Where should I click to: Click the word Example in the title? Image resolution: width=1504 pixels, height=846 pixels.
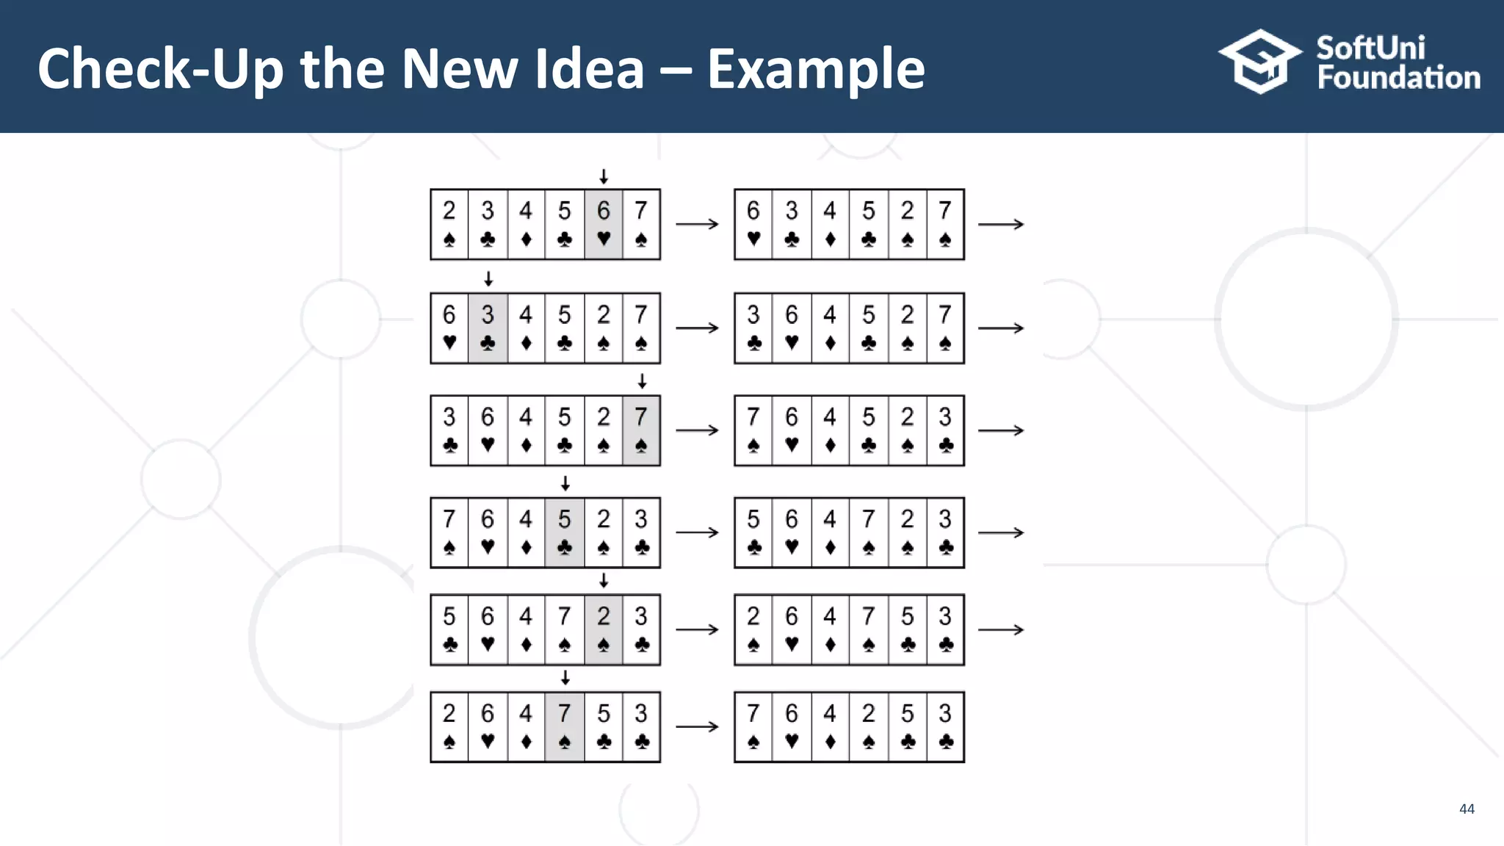point(815,70)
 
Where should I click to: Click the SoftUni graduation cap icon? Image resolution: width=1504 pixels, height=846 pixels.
point(1259,62)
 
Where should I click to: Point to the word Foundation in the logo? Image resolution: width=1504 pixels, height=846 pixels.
point(1398,78)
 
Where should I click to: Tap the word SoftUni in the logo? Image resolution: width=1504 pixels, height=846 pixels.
point(1370,48)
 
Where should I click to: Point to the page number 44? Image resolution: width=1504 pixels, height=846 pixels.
point(1467,809)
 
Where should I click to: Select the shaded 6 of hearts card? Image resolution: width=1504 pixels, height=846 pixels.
point(604,224)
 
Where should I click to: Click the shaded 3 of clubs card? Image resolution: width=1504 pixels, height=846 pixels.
point(488,328)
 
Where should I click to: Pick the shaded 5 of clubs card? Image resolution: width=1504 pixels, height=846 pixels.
point(565,532)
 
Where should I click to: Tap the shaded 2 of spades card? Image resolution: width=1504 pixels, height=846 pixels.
point(604,629)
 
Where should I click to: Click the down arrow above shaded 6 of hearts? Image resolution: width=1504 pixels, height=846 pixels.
point(604,176)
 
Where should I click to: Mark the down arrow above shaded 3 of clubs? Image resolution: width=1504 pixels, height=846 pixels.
point(488,279)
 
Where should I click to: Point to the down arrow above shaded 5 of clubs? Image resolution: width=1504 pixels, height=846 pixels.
point(565,483)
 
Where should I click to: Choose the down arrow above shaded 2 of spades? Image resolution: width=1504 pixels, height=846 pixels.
point(604,581)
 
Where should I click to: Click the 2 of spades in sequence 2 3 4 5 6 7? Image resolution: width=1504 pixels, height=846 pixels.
point(449,224)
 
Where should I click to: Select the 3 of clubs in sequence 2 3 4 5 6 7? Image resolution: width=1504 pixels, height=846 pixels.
point(488,224)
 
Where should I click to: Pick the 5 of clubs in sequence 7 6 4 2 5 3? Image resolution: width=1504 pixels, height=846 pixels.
point(908,726)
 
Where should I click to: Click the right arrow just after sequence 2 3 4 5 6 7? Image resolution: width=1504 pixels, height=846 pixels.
point(697,224)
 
